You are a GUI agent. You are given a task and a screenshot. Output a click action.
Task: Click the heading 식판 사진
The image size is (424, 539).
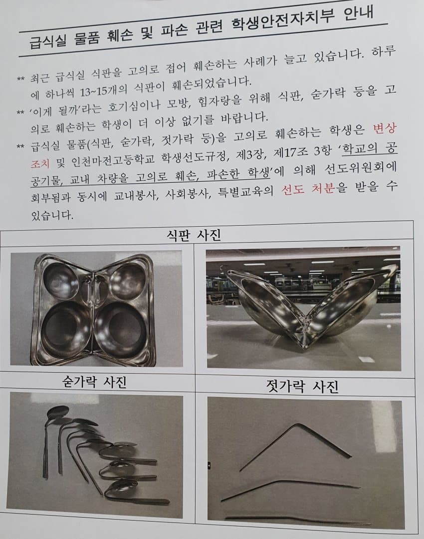tap(194, 235)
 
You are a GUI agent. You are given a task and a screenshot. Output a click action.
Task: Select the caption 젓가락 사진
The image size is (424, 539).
tap(302, 386)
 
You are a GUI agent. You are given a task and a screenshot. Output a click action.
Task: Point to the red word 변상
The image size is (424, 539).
tap(385, 128)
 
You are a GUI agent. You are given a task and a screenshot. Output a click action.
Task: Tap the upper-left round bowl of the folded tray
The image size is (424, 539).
tap(60, 280)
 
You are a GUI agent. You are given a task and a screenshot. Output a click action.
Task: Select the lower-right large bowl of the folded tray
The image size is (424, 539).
tap(120, 330)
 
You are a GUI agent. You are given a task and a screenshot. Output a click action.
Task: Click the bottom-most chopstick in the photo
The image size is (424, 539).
tap(298, 520)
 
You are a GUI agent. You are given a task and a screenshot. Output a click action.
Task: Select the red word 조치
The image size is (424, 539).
tap(39, 163)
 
